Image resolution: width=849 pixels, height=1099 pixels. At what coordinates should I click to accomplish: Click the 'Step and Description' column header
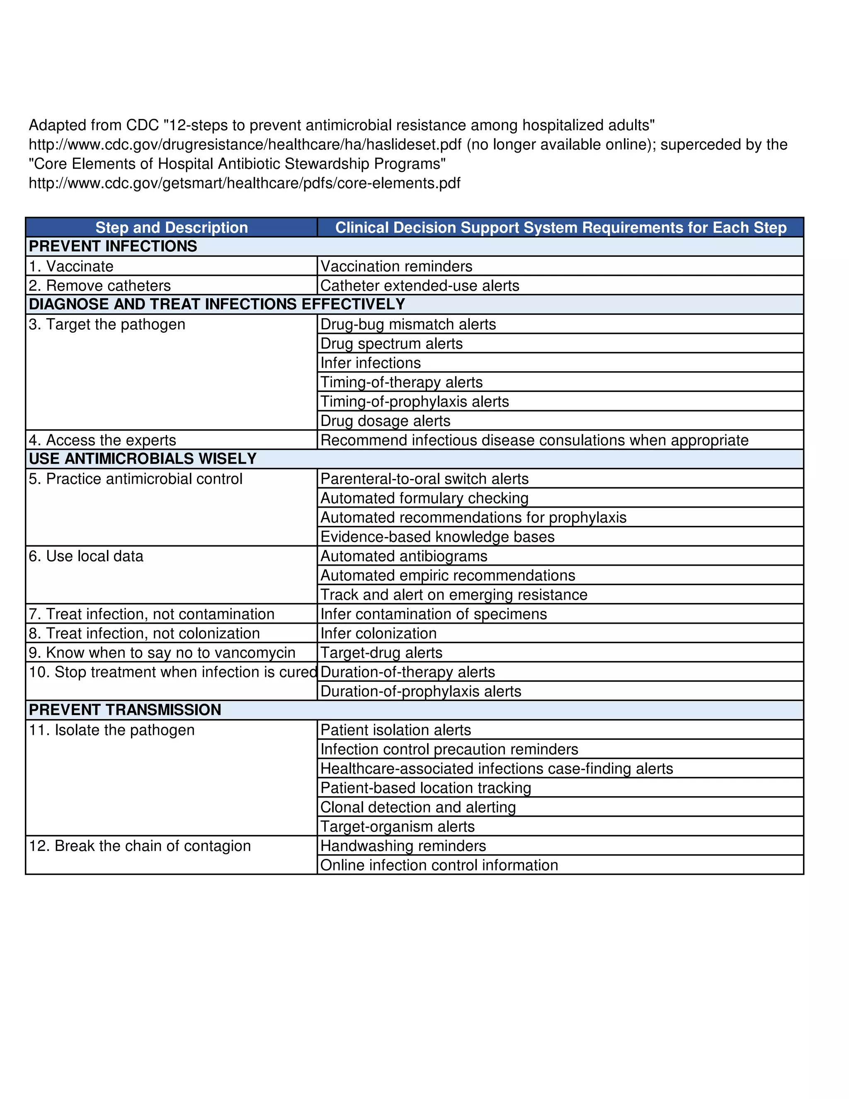[172, 227]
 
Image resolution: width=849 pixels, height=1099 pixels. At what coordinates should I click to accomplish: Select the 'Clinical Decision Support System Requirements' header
[561, 227]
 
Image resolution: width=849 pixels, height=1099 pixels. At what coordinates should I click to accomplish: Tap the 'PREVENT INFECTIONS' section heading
[113, 246]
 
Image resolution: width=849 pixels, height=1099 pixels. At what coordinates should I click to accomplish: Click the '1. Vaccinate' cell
[71, 266]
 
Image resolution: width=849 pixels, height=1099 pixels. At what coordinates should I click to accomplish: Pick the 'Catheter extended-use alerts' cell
[420, 285]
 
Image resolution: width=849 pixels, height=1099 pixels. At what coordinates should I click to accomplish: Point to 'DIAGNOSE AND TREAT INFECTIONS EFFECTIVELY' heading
[217, 304]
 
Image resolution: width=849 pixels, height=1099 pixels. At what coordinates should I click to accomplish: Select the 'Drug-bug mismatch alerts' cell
[408, 324]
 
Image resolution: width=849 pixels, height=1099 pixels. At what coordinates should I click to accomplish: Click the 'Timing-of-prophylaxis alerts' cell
[415, 401]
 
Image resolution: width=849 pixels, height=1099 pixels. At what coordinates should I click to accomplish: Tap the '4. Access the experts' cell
[102, 440]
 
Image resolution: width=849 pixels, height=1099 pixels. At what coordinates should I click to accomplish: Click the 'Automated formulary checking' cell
[424, 498]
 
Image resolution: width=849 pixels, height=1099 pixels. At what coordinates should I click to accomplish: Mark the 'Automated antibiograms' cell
[404, 556]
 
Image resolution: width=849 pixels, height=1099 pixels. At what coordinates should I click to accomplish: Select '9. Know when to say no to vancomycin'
[162, 653]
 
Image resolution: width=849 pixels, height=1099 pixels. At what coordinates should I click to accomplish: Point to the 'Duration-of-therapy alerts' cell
[408, 672]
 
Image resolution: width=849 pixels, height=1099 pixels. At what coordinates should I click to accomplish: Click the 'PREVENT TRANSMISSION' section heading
[125, 710]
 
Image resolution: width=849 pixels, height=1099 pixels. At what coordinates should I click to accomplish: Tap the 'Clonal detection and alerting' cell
[418, 807]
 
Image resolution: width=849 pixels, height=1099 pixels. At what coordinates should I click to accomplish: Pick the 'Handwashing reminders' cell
[403, 846]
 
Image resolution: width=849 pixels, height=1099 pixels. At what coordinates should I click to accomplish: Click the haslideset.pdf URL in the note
[245, 144]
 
